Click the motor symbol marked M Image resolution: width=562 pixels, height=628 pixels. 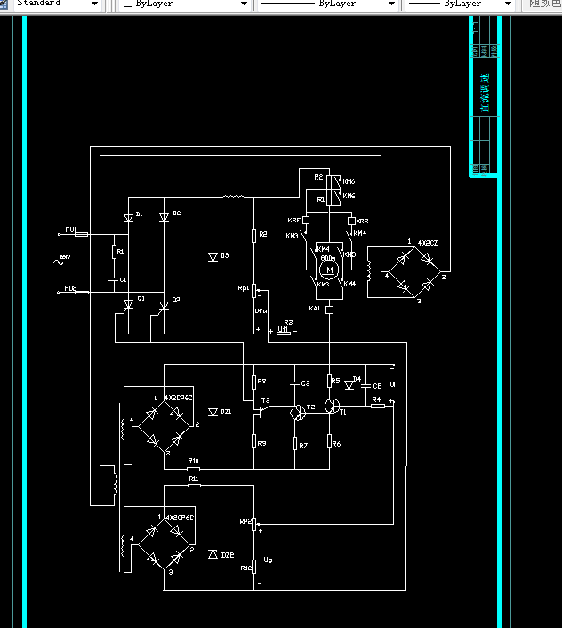click(x=328, y=269)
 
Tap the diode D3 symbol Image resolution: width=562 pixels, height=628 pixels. click(x=213, y=256)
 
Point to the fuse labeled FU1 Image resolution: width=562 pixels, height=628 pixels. click(x=81, y=233)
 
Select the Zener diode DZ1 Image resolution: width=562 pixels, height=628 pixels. click(x=213, y=413)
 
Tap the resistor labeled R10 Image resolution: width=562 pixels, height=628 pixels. click(x=194, y=468)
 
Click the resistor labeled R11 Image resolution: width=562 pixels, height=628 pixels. click(x=194, y=485)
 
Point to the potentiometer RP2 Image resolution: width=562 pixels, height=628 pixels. click(x=253, y=522)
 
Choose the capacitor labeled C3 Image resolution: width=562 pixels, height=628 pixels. click(x=296, y=382)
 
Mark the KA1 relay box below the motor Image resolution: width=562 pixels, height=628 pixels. click(x=329, y=310)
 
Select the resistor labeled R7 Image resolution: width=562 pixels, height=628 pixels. click(x=296, y=444)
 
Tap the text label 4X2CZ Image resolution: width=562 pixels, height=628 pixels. click(x=429, y=243)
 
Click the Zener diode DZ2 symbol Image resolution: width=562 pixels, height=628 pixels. click(x=213, y=554)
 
